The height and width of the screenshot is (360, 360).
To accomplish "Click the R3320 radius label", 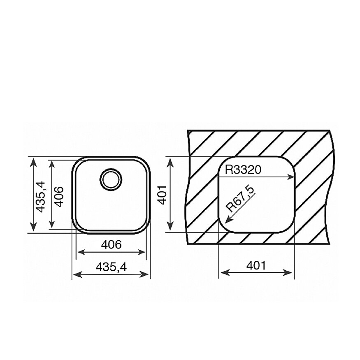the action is tap(243, 170).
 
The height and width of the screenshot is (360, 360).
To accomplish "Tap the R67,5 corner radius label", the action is tap(240, 199).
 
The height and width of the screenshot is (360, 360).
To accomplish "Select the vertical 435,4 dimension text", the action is tap(41, 197).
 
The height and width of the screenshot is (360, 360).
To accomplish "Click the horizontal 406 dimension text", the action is tap(111, 244).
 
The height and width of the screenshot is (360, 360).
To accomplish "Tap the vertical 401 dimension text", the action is tap(163, 195).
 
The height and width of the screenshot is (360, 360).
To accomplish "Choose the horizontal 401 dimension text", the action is tap(256, 265).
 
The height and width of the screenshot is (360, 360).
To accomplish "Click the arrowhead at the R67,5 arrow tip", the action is tap(228, 221).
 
